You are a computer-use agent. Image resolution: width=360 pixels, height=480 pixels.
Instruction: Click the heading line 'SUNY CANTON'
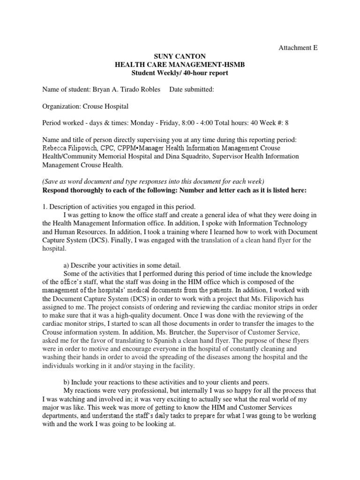(180, 57)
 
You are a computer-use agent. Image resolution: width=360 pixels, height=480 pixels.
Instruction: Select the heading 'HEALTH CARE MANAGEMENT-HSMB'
(180, 65)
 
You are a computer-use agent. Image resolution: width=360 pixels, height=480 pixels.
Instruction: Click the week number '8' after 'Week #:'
(287, 123)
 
